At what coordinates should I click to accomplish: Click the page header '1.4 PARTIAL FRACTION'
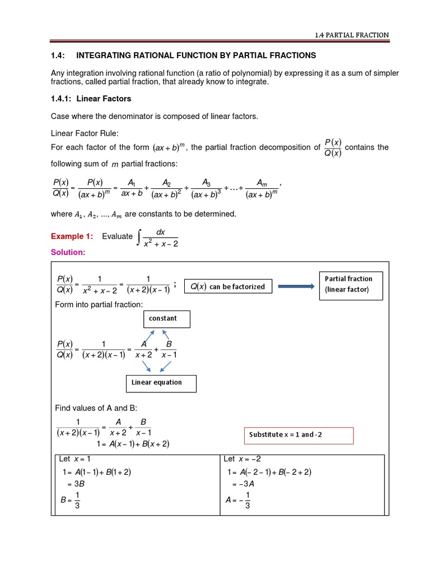(351, 35)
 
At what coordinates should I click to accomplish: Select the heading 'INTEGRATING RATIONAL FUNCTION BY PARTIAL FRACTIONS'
(196, 55)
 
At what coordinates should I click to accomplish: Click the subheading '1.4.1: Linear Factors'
(91, 99)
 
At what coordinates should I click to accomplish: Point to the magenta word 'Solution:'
(68, 253)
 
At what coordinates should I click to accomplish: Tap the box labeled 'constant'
(166, 319)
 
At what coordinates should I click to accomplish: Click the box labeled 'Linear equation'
(160, 383)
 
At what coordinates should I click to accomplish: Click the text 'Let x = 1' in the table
(78, 459)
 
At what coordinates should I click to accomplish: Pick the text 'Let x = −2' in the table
(242, 459)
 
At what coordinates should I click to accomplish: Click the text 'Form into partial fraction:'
(99, 304)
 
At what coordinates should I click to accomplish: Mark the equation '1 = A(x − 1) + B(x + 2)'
(133, 444)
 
